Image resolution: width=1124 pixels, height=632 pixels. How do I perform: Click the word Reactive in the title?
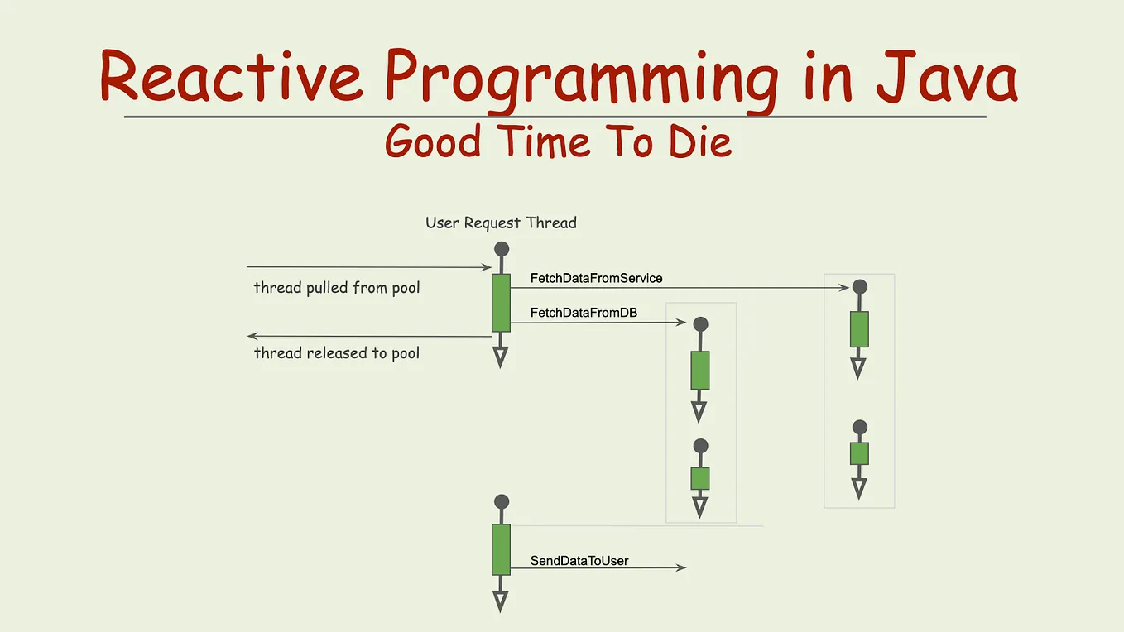[231, 75]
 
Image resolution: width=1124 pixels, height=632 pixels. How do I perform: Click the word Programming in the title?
[582, 81]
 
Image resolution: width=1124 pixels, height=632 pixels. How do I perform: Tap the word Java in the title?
[947, 76]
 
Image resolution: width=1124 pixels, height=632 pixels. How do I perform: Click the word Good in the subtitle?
[433, 141]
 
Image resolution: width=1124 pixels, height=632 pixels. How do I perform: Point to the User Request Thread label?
[501, 223]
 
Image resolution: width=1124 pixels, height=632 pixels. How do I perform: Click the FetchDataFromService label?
[596, 278]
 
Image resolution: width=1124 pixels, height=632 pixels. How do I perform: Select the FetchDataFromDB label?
[584, 313]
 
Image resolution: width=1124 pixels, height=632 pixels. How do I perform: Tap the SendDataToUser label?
[579, 561]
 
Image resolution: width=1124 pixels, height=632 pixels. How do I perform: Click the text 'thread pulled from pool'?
[337, 288]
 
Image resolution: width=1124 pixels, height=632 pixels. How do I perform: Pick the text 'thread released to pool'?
[337, 353]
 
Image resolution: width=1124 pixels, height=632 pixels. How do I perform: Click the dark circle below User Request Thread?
[502, 249]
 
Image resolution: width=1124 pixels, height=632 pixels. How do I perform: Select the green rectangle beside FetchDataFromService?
[501, 303]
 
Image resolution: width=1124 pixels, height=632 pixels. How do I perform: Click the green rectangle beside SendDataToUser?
[501, 550]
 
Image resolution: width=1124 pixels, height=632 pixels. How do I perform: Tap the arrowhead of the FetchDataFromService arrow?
[844, 288]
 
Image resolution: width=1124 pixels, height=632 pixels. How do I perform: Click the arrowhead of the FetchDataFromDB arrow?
[681, 323]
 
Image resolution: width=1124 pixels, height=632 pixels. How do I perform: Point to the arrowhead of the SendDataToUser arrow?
[681, 567]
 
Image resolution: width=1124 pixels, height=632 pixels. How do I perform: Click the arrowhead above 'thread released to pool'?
[252, 336]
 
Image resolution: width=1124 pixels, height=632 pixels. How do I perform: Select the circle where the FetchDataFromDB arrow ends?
[700, 324]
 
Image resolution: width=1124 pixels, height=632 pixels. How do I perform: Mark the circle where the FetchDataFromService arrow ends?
[860, 287]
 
